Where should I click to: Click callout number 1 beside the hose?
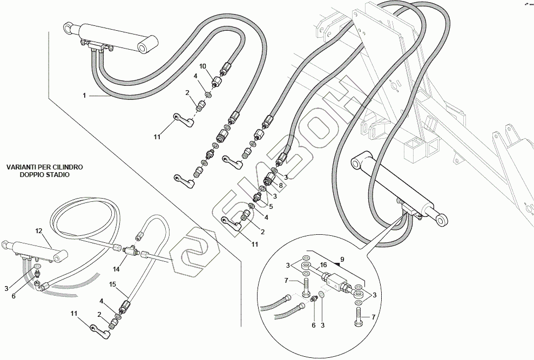point(84,96)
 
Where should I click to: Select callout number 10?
point(203,66)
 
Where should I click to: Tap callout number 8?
point(281,185)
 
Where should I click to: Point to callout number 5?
point(271,206)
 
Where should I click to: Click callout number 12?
point(39,231)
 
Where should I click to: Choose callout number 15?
point(113,284)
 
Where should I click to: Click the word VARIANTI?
point(23,168)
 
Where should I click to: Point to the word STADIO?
point(58,175)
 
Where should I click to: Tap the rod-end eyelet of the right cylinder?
point(442,218)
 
